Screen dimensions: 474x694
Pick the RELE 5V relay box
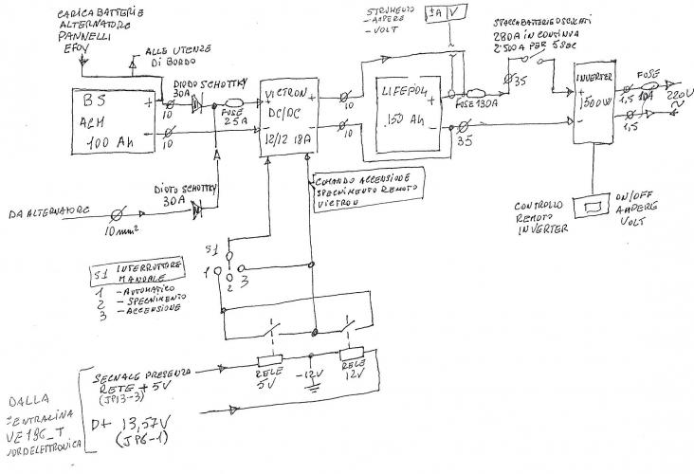[x=272, y=365]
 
